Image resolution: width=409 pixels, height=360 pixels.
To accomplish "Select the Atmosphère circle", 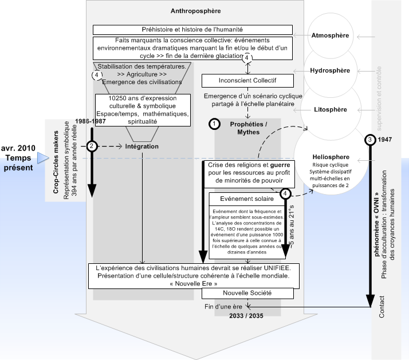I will (x=330, y=35).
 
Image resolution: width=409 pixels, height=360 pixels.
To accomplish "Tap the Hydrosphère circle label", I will (x=329, y=72).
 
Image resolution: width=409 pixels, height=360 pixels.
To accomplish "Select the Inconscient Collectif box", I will (x=247, y=80).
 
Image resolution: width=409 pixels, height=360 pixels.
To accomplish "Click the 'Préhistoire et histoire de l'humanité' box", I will (x=193, y=29).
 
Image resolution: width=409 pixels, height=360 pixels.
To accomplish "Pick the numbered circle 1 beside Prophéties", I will (x=214, y=124).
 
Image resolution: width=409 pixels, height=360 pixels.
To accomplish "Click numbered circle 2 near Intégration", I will (x=91, y=146).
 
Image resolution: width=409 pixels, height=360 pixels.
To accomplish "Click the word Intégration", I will (x=141, y=147).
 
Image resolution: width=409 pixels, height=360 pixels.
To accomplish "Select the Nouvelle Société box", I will (x=247, y=293).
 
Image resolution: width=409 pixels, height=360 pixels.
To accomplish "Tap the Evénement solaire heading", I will (x=247, y=199).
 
